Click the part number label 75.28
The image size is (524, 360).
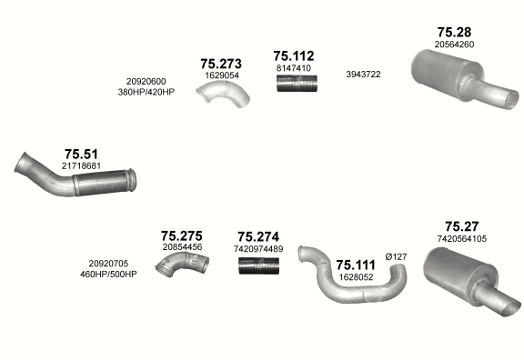[x=454, y=32]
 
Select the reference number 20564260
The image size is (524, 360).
[x=454, y=45]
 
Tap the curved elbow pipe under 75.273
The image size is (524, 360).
[x=223, y=93]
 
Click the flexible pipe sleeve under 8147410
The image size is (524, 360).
[x=297, y=84]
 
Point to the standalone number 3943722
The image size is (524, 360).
[x=363, y=75]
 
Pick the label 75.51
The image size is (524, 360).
[x=81, y=155]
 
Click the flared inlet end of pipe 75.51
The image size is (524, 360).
[x=21, y=163]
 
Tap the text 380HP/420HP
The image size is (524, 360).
[x=146, y=92]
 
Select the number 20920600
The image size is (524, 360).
[x=146, y=82]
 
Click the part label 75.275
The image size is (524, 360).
[x=181, y=236]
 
